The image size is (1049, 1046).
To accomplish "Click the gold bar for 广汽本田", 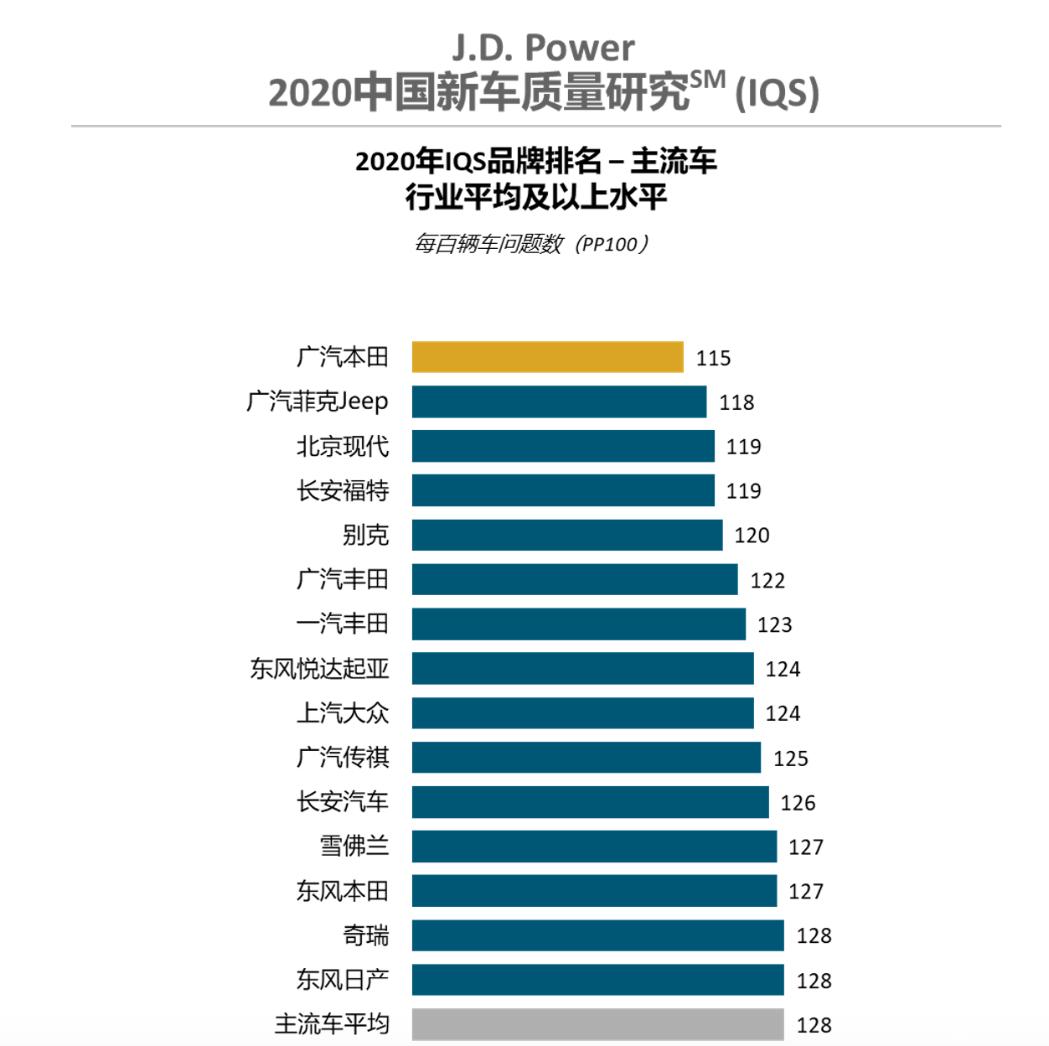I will coord(547,357).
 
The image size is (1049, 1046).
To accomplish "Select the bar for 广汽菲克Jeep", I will coord(559,401).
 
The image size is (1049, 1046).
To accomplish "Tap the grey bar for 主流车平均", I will coord(597,1024).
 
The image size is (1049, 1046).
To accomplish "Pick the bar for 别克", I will coord(566,535).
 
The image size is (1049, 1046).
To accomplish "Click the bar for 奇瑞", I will coord(597,935).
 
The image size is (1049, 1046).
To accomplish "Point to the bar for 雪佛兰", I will coord(594,847).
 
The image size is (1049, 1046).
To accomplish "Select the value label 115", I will coord(713,358).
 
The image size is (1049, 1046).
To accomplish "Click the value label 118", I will coord(736,402).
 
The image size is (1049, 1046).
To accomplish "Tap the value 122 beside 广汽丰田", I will coord(767,580).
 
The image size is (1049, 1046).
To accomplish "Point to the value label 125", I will coord(791,759).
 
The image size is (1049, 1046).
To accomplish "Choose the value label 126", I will coord(798,803).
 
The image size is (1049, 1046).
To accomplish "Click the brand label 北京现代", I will coord(343,446).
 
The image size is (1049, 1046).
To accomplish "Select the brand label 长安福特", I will coord(343,490).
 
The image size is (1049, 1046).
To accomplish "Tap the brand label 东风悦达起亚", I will coord(319,669).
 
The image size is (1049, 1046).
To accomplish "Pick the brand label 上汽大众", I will coord(343,713).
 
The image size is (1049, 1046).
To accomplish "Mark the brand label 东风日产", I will coord(343,980).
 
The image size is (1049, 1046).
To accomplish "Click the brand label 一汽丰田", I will coord(343,624).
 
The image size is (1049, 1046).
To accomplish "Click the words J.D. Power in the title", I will coord(543,48).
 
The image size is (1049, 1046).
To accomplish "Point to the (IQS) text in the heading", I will coord(777,94).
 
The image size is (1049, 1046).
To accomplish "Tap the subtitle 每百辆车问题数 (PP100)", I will coord(532,244).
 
